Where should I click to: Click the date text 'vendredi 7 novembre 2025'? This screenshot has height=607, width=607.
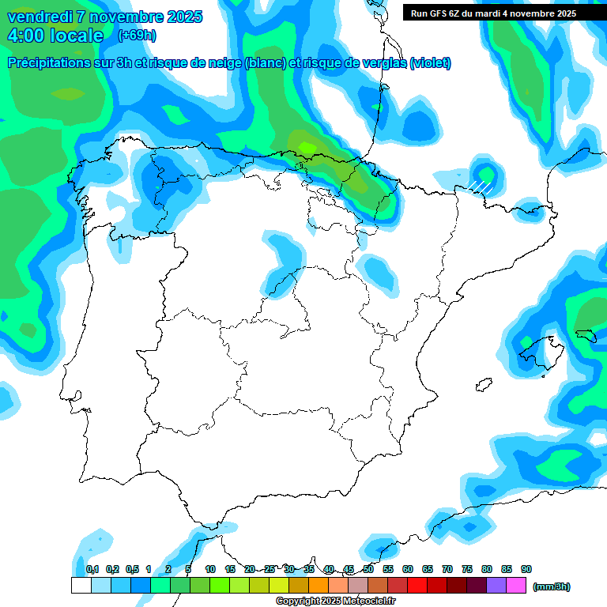point(105,17)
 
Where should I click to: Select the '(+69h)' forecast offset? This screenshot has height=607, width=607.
point(137,36)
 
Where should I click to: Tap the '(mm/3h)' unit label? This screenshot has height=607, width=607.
point(552,586)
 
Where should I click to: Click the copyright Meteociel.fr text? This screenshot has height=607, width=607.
point(335,601)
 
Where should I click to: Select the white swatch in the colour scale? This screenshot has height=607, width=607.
point(81,586)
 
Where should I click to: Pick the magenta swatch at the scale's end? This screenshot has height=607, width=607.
point(516,586)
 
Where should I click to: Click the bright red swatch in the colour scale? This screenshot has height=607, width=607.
point(417,586)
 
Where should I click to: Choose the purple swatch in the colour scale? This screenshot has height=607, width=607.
point(496,586)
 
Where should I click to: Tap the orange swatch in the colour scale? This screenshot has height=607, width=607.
point(319,586)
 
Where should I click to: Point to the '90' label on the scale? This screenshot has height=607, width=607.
point(526,569)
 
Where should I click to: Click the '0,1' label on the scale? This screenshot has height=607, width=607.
point(92,569)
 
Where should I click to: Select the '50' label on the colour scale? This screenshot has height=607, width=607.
point(368,569)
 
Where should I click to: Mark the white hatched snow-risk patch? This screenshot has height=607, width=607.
point(481,187)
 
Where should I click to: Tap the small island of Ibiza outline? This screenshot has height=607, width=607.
point(480,386)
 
